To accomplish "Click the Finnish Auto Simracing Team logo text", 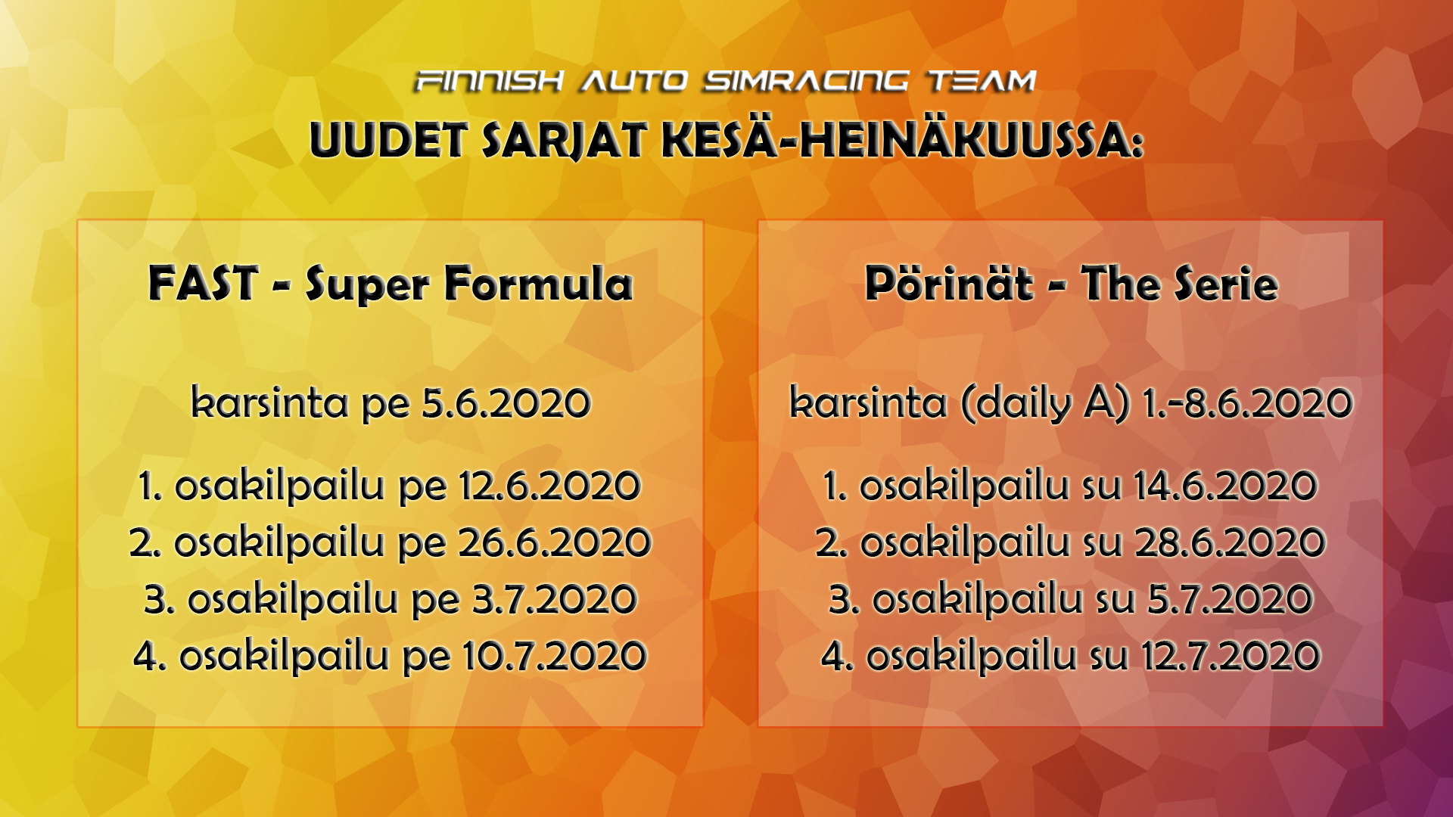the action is click(726, 80).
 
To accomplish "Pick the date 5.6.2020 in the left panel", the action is click(506, 402).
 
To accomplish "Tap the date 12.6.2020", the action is click(550, 486).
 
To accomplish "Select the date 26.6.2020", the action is click(555, 542).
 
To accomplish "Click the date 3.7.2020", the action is click(555, 599).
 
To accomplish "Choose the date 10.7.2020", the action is click(555, 656).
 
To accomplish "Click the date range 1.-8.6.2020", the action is click(1247, 402).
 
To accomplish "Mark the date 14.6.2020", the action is click(1226, 486).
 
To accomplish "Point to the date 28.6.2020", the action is click(1230, 542).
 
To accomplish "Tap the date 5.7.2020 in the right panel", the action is click(1230, 599).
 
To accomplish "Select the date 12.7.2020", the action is click(1231, 656).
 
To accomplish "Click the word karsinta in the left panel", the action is click(270, 402).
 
